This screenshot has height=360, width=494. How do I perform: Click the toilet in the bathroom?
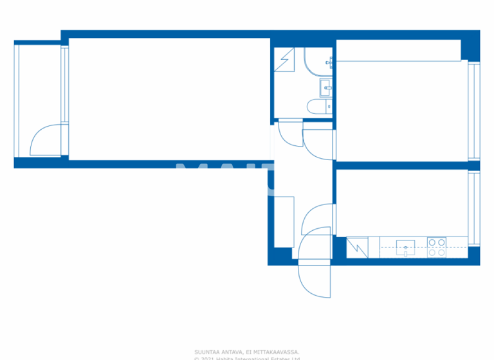(315, 107)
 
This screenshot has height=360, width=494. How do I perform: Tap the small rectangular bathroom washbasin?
(325, 85)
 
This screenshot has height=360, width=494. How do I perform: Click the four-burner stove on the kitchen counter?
(437, 247)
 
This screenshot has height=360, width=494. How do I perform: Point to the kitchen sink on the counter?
(405, 247)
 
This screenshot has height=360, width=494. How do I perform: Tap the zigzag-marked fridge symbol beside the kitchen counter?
(357, 248)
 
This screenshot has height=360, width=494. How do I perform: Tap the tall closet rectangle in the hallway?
(284, 221)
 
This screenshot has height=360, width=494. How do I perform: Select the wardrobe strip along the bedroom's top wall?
(399, 50)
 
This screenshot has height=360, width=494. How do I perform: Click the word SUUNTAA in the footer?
(206, 352)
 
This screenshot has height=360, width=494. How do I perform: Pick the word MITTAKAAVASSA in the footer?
(277, 352)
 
